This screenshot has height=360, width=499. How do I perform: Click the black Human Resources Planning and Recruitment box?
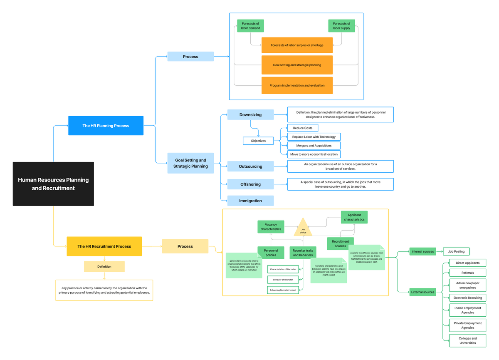point(53,184)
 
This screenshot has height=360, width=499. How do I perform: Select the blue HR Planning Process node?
point(106,126)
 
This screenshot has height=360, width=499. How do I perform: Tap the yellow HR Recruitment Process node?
point(104,246)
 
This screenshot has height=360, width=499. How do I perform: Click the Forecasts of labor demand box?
point(250,26)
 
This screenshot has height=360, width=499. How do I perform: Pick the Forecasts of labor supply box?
point(341,26)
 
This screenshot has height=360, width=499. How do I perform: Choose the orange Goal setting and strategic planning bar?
point(297,65)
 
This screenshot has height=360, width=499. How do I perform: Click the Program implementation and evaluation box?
point(297,85)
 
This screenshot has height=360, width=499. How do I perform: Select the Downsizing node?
point(250,115)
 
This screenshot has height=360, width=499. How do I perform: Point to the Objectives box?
point(258,141)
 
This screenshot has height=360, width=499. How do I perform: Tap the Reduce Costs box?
point(303,128)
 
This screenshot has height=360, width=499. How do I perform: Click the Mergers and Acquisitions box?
point(314,146)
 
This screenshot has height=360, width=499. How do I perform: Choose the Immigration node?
point(250,201)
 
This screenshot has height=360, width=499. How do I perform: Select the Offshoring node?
point(250,184)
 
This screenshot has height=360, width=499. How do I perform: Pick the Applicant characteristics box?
point(354,217)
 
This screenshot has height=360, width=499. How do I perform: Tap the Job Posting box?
point(456,251)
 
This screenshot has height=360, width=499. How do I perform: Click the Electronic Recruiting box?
point(468,298)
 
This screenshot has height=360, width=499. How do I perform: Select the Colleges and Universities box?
point(468,340)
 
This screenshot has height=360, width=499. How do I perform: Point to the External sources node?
point(422,292)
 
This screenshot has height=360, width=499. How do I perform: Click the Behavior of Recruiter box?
point(283,280)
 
